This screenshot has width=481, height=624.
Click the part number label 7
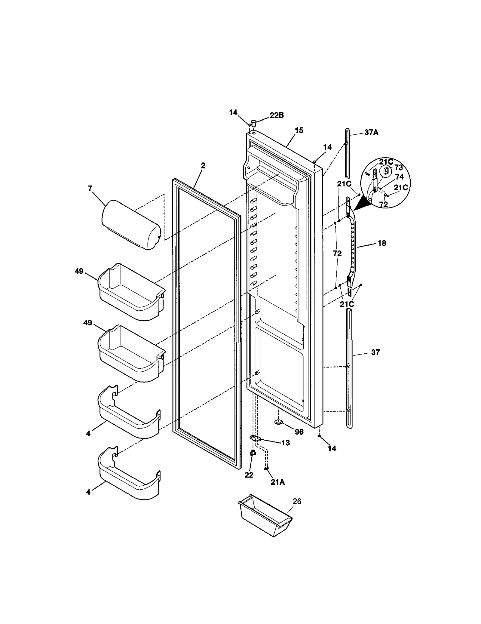(90, 189)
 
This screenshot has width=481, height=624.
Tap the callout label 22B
(277, 115)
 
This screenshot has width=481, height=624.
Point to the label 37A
(371, 132)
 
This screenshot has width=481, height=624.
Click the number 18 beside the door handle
(382, 243)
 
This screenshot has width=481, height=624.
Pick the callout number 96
(299, 432)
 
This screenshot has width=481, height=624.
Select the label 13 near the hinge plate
(286, 443)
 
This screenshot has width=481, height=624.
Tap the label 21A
(277, 482)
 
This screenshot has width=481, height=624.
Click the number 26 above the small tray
(297, 501)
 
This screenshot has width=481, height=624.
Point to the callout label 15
(299, 131)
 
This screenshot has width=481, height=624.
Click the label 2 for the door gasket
(203, 165)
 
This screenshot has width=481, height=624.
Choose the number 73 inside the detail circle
(398, 168)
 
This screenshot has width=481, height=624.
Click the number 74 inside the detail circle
(399, 177)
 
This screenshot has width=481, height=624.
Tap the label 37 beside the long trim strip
(375, 352)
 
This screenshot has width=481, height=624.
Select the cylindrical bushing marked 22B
(253, 123)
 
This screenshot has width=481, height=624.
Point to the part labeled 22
(253, 453)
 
